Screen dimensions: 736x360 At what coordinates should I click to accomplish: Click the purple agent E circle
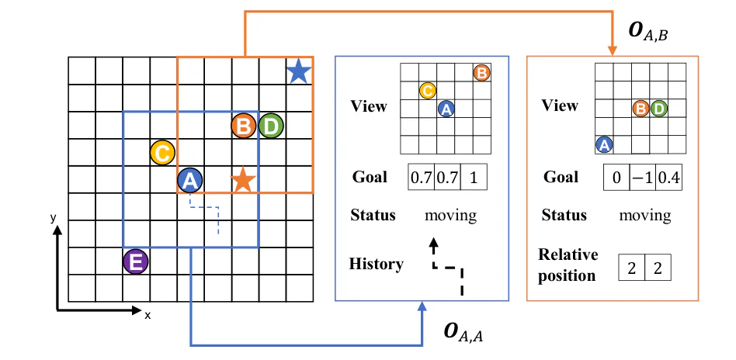click(x=136, y=262)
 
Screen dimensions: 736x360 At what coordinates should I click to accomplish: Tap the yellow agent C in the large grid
click(x=162, y=153)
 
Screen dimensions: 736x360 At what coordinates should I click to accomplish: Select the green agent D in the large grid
click(x=271, y=126)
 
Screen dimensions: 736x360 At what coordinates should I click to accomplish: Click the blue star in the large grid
click(x=299, y=73)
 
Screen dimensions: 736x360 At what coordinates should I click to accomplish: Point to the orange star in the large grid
click(x=243, y=180)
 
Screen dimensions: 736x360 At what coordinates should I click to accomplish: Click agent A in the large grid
click(x=189, y=180)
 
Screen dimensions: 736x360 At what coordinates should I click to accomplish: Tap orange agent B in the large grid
click(x=244, y=126)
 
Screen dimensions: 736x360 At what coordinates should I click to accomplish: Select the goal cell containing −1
click(x=642, y=178)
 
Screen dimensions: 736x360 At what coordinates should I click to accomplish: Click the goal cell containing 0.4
click(x=668, y=178)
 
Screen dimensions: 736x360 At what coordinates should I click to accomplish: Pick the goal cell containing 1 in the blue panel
click(x=474, y=178)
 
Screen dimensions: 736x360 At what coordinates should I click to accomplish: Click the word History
click(x=376, y=265)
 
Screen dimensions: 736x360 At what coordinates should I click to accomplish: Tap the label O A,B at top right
click(x=647, y=31)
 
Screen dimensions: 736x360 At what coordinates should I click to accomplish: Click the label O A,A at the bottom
click(x=463, y=331)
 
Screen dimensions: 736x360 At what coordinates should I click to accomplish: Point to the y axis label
click(x=54, y=217)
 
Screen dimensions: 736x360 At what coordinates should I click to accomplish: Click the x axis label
click(x=148, y=316)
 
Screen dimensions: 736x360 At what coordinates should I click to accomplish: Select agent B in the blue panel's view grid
click(x=482, y=73)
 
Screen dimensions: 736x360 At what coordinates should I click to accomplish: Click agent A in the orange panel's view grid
click(x=604, y=145)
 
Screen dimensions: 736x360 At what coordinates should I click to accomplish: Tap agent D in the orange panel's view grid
click(x=659, y=109)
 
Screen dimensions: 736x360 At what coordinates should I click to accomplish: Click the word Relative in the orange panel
click(x=568, y=254)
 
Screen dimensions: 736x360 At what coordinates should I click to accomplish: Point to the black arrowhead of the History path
click(x=434, y=243)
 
